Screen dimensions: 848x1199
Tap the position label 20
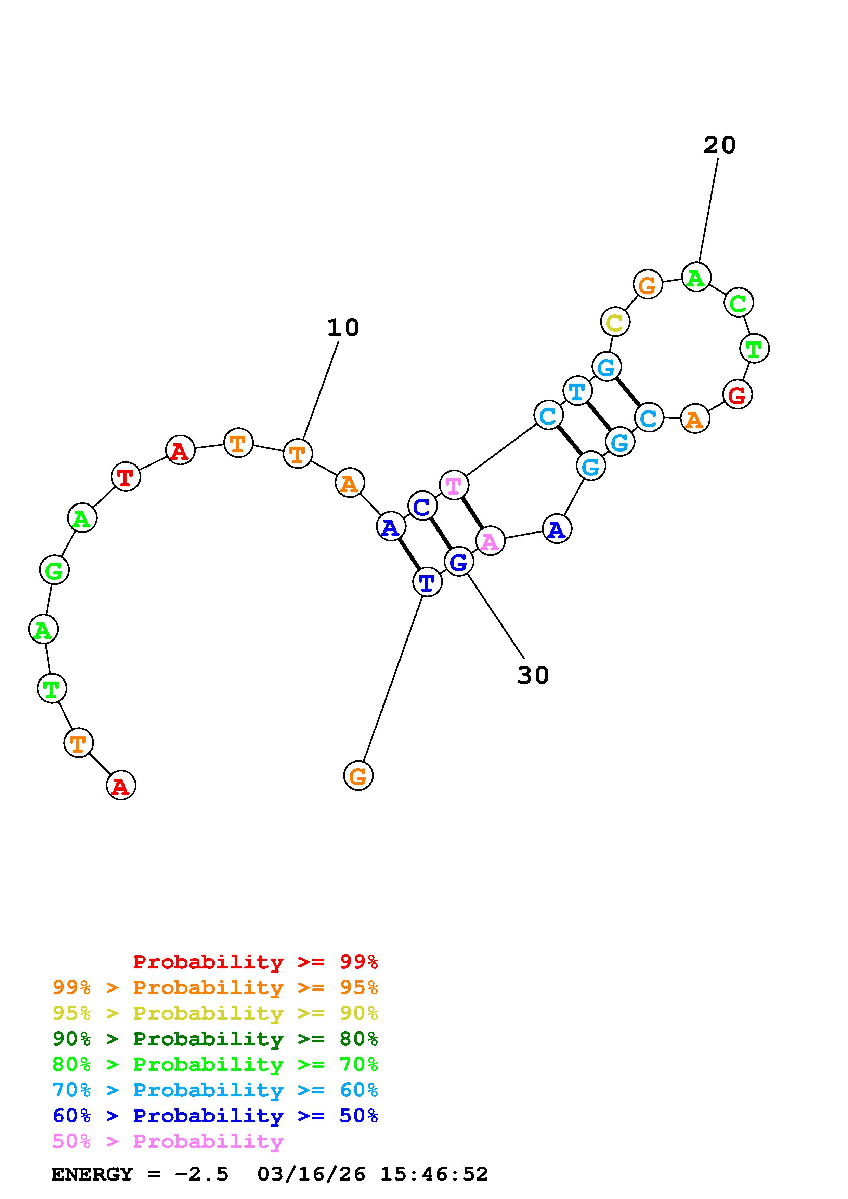tap(719, 145)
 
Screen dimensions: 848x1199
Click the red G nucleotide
tap(737, 395)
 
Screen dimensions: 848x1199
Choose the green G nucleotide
tap(54, 570)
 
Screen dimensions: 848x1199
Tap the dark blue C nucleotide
tap(422, 506)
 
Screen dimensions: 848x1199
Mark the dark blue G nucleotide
tap(458, 562)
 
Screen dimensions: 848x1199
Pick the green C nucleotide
tap(738, 302)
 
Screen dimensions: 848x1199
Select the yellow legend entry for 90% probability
tap(215, 1013)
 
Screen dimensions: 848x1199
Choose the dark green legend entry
tap(215, 1039)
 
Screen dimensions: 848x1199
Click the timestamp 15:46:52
tap(434, 1174)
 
